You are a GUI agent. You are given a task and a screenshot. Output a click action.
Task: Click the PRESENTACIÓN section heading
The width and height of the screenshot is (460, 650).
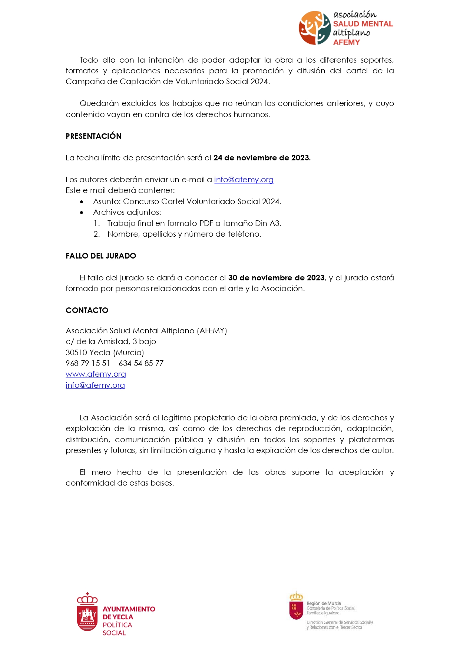(93, 136)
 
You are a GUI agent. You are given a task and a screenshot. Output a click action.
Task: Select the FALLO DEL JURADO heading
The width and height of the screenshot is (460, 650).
(101, 256)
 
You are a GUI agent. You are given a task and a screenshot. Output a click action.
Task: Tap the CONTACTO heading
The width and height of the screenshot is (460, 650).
(87, 310)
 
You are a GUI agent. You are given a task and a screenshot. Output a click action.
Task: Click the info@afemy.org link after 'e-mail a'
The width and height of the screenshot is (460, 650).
(244, 180)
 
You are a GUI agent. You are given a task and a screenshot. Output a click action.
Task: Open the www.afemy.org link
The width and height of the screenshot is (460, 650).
(96, 374)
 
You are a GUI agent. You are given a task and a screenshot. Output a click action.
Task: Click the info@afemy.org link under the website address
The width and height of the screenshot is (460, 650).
(95, 385)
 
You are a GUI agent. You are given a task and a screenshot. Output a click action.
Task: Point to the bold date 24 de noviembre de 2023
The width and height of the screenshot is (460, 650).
(262, 158)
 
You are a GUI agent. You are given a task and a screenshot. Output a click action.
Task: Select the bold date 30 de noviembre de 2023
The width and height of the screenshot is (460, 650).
(276, 278)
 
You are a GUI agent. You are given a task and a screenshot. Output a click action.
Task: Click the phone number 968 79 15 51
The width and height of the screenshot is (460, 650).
(88, 363)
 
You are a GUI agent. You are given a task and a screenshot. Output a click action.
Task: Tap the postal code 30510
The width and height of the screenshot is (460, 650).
(76, 353)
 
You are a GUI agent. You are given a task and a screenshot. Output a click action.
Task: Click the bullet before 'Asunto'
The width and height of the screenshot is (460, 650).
(82, 202)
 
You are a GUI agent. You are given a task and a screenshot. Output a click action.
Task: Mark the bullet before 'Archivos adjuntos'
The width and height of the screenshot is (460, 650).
(82, 213)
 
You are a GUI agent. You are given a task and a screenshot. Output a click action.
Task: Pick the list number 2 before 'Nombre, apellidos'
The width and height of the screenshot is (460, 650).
(96, 234)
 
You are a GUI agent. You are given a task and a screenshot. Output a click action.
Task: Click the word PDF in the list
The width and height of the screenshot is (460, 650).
(206, 223)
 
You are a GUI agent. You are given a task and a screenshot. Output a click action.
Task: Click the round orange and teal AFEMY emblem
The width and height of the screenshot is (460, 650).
(315, 28)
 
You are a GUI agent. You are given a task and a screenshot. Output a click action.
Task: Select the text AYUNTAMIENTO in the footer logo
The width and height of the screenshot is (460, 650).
(129, 609)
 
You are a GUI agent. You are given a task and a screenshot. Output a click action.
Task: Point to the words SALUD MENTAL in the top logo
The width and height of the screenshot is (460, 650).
(363, 24)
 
